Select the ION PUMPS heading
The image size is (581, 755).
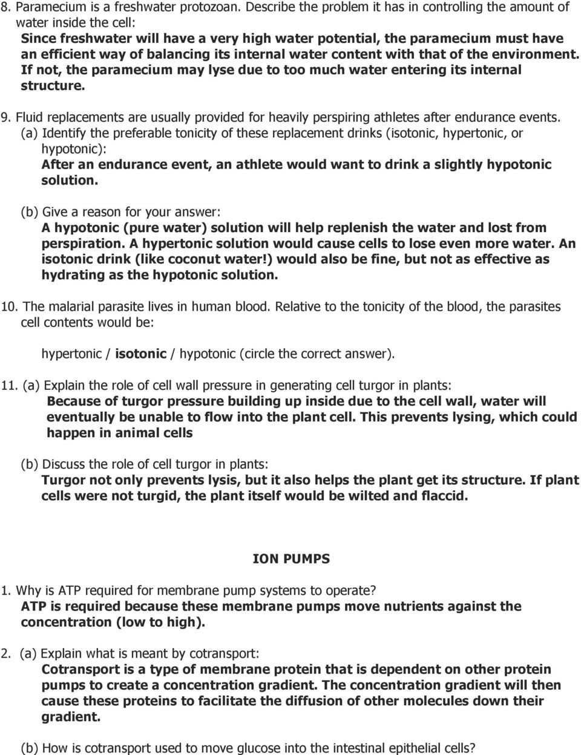[x=291, y=559]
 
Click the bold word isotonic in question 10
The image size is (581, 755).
[x=140, y=354]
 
